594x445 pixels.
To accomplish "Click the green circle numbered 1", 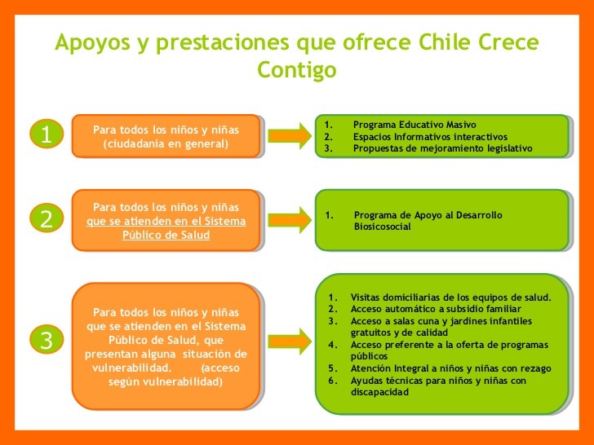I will pos(47,135).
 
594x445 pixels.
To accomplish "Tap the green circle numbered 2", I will pos(47,218).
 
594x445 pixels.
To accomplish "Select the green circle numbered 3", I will pos(47,341).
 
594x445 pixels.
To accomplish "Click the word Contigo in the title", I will pos(297,71).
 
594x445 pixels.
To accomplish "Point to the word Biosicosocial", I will pos(383,227).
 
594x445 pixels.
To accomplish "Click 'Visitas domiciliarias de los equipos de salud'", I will pos(450,297).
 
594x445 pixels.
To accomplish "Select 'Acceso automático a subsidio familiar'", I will pos(436,309).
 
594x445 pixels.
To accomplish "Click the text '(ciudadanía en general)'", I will pos(166,144).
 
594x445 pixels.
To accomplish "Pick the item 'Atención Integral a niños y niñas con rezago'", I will pos(450,368).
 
